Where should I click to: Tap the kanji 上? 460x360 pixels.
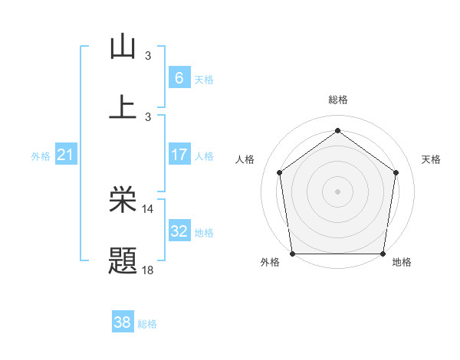[x=123, y=106]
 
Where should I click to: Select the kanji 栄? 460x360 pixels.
[x=123, y=200]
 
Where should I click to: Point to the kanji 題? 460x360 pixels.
[x=123, y=260]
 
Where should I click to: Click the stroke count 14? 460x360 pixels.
[x=148, y=208]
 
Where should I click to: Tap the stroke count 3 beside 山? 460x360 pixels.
[x=148, y=55]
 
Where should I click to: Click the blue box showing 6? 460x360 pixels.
[x=179, y=77]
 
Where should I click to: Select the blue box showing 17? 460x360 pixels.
[x=179, y=155]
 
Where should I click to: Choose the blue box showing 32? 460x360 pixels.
[x=179, y=231]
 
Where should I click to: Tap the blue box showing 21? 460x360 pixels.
[x=66, y=155]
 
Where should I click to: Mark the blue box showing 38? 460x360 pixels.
[x=123, y=322]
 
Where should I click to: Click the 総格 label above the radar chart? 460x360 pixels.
[x=337, y=100]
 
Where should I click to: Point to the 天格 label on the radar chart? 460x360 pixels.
[x=431, y=159]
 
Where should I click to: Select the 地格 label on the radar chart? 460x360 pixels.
[x=402, y=262]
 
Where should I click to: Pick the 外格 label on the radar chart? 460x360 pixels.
[x=270, y=262]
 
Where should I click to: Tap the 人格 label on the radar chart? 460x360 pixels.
[x=245, y=159]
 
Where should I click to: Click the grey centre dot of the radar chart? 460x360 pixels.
[x=337, y=191]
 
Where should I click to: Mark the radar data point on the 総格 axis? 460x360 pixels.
[x=337, y=130]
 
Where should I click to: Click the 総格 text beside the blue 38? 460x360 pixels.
[x=147, y=324]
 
